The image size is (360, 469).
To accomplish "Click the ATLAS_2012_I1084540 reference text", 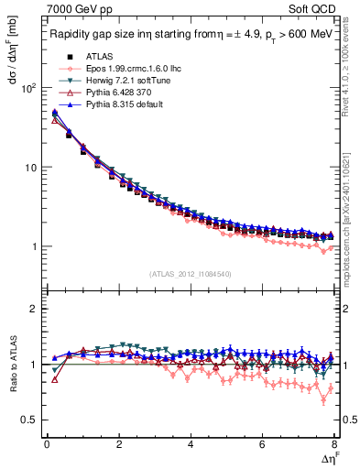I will (x=190, y=274).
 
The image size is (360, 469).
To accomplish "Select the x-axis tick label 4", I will (x=191, y=445).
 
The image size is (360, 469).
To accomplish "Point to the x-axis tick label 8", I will (x=334, y=445).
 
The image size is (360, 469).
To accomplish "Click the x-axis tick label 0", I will (x=47, y=445).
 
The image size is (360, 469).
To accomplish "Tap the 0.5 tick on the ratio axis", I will (x=32, y=420).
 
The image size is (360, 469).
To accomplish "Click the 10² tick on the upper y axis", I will (x=29, y=88).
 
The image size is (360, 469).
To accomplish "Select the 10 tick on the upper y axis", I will (x=31, y=168).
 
